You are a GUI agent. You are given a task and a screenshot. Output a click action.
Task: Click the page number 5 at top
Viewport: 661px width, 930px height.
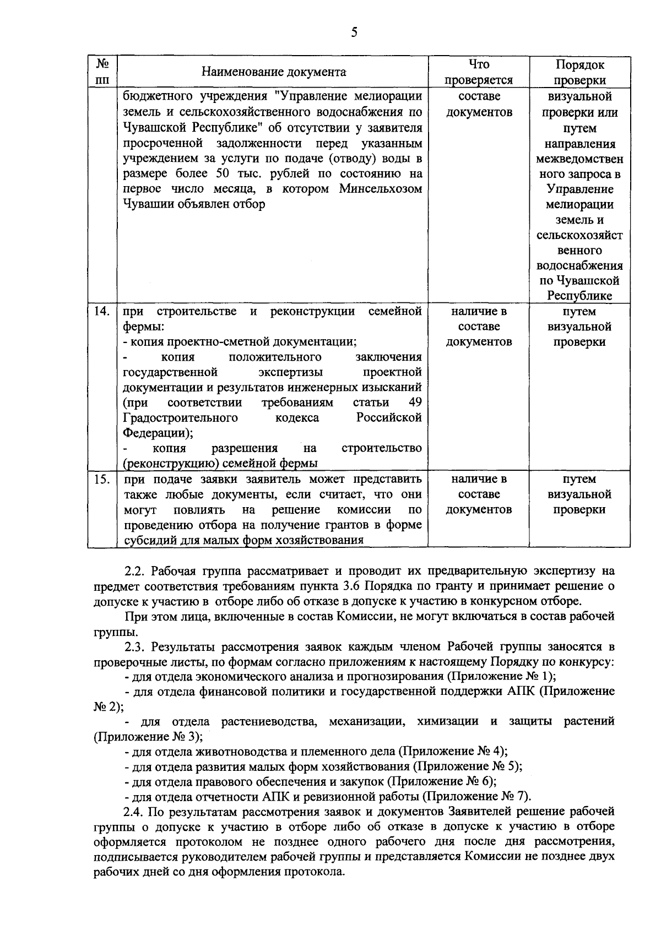click(354, 32)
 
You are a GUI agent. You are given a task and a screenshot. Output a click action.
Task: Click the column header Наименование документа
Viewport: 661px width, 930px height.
click(274, 72)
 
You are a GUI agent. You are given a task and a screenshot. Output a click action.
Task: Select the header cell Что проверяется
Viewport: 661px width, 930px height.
click(479, 72)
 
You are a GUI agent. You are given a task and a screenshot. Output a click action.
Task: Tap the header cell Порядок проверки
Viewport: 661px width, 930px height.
click(579, 72)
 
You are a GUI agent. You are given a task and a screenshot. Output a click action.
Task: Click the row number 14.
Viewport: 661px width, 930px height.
click(102, 312)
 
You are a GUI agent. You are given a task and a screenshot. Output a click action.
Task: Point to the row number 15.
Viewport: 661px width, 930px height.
click(102, 479)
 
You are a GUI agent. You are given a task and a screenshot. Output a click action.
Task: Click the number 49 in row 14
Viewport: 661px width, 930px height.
click(415, 403)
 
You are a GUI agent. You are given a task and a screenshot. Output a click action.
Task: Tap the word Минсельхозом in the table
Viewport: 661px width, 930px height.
click(381, 189)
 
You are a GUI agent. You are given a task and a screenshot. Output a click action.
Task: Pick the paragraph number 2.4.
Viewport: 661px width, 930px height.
click(134, 812)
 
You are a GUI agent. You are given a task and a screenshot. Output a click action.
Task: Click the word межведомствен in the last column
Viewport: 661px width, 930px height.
click(579, 160)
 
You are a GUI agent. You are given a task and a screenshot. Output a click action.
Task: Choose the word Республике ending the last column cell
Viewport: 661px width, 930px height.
click(579, 296)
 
